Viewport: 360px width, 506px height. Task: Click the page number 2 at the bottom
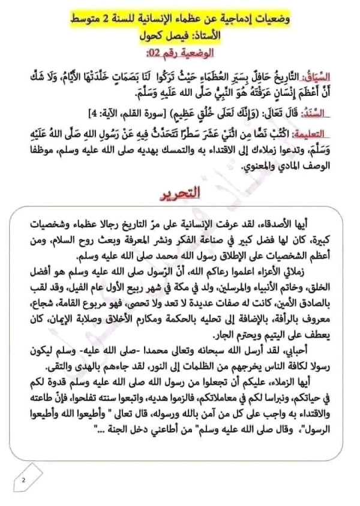coord(23,479)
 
